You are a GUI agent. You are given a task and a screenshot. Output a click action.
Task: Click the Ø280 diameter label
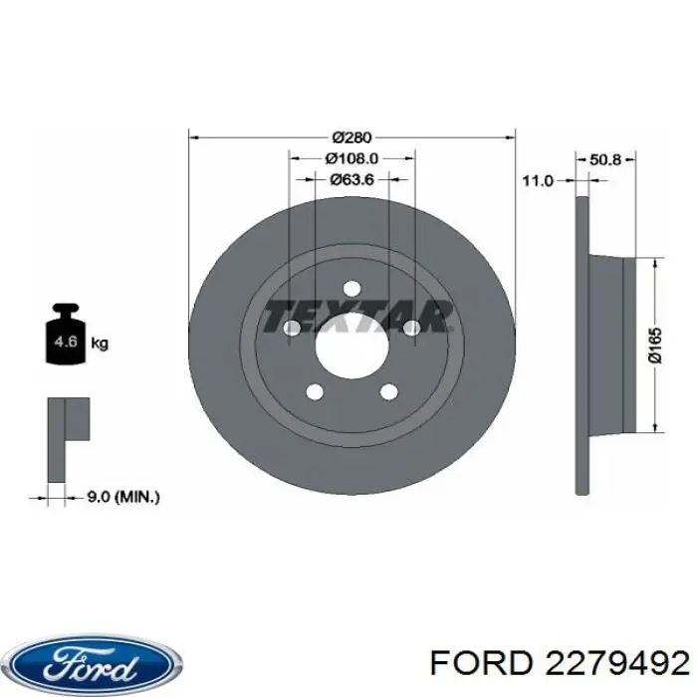[x=351, y=137]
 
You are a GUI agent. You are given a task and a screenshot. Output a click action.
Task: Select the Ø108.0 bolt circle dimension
[x=351, y=158]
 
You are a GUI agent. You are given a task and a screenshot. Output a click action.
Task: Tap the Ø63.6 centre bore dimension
[x=352, y=179]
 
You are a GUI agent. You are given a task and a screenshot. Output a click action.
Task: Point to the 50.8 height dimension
[x=605, y=159]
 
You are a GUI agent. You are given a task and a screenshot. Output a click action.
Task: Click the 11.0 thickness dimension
[x=538, y=180]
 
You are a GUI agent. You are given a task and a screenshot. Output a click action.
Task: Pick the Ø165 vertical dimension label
[x=655, y=346]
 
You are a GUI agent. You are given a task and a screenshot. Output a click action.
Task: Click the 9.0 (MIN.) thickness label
[x=122, y=497]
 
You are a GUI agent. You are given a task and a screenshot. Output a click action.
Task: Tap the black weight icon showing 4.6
[x=66, y=334]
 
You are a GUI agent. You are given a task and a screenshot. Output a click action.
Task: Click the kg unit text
[x=100, y=344]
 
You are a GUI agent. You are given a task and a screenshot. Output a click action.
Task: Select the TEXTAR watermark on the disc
[x=356, y=316]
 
